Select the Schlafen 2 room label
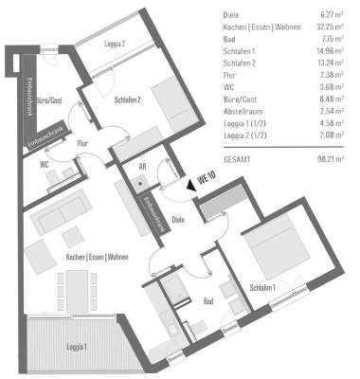[125, 99]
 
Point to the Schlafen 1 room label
[262, 288]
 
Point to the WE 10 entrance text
[202, 176]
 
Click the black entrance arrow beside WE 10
[190, 188]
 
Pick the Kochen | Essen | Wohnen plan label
[92, 257]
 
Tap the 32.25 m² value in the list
[334, 27]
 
